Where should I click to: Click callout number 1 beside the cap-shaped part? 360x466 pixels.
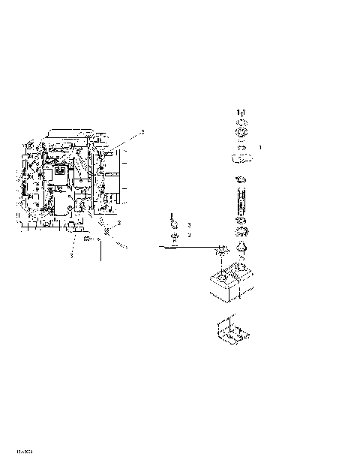(x=260, y=148)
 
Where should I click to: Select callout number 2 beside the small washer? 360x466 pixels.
(x=190, y=235)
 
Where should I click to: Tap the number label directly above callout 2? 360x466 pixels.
(x=190, y=224)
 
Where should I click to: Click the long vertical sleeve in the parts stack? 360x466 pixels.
(x=241, y=201)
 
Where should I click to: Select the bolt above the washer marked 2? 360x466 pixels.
(x=172, y=223)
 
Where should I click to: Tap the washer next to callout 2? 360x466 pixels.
(x=173, y=236)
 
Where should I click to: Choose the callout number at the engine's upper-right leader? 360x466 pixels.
(x=142, y=132)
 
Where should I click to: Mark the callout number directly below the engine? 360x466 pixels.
(x=72, y=255)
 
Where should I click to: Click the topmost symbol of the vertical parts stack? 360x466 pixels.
(x=241, y=112)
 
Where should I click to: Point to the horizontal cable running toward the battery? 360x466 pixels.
(x=187, y=245)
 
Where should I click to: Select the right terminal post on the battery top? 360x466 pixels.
(x=241, y=265)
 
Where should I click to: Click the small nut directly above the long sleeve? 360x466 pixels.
(x=241, y=179)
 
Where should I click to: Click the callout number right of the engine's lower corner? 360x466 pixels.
(x=119, y=224)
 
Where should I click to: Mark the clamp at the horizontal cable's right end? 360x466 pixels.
(x=222, y=248)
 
